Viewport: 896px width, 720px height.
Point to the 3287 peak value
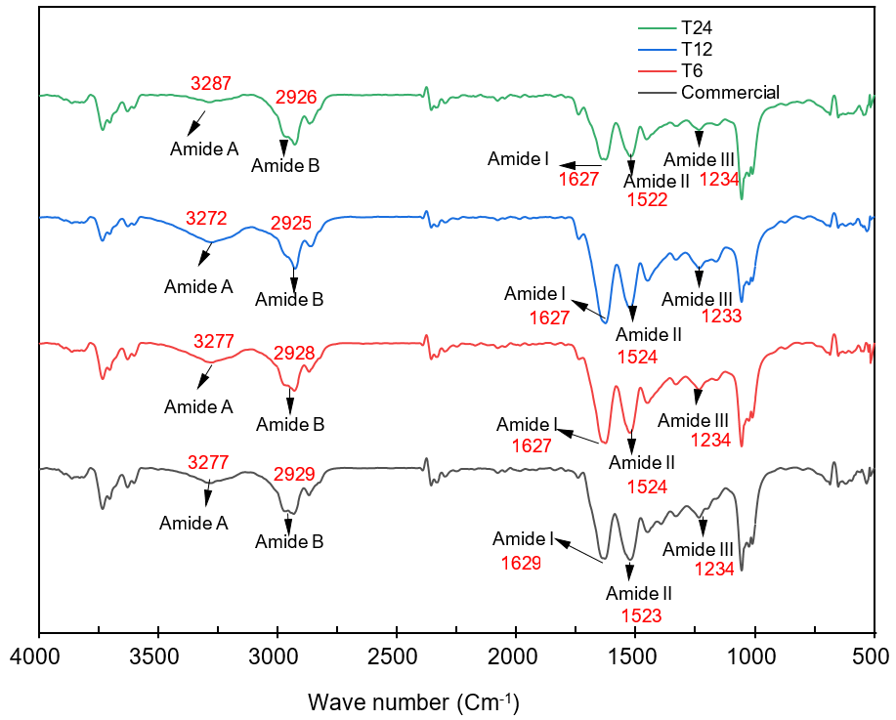click(x=209, y=83)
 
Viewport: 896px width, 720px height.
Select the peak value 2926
click(x=296, y=98)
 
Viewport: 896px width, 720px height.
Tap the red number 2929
click(x=294, y=475)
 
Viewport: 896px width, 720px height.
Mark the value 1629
click(x=521, y=564)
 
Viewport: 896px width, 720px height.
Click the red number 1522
click(x=647, y=200)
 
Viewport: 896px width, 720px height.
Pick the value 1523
click(x=641, y=615)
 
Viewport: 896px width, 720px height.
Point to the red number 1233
click(x=722, y=317)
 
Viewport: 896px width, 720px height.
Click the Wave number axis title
click(x=413, y=701)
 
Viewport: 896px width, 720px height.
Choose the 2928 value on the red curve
click(x=294, y=354)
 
